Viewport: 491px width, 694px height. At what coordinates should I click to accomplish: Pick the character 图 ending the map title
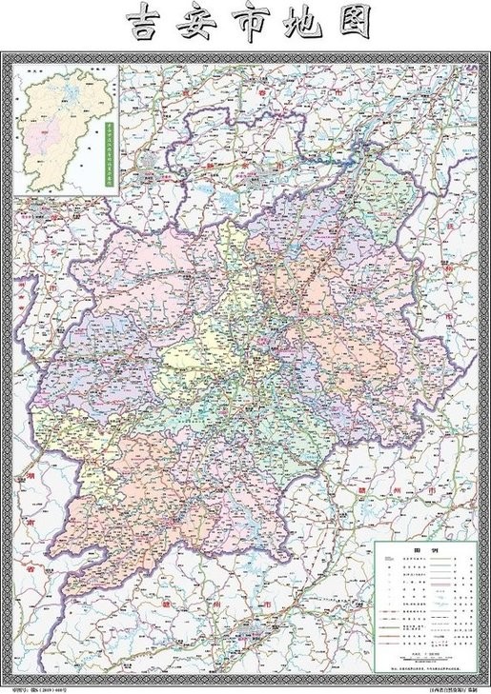354,25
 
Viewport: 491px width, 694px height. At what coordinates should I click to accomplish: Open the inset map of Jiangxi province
64,129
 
